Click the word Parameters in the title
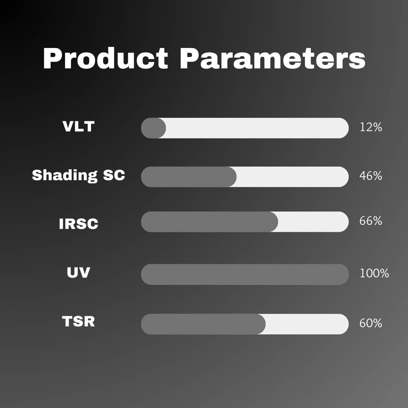(x=272, y=59)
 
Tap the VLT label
(x=78, y=127)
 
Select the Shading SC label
(x=78, y=175)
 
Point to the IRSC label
(x=78, y=224)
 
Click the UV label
(x=78, y=272)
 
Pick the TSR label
(x=78, y=321)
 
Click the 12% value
(x=371, y=128)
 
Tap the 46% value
(x=371, y=176)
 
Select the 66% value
(x=371, y=221)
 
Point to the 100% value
(x=374, y=274)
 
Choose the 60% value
(x=371, y=324)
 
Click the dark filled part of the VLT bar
(x=153, y=128)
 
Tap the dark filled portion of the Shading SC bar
(x=189, y=177)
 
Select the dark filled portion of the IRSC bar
(x=209, y=222)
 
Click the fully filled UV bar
(x=244, y=274)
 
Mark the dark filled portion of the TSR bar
(x=203, y=324)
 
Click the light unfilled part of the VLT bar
(x=257, y=128)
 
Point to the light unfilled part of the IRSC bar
(x=313, y=222)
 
